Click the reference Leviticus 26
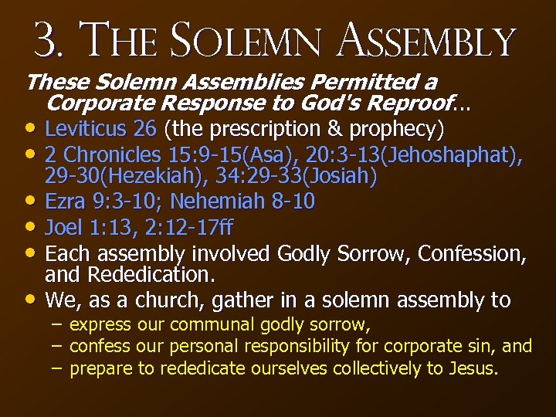(100, 127)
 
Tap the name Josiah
(343, 178)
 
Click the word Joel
(63, 228)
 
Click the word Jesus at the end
(473, 368)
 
